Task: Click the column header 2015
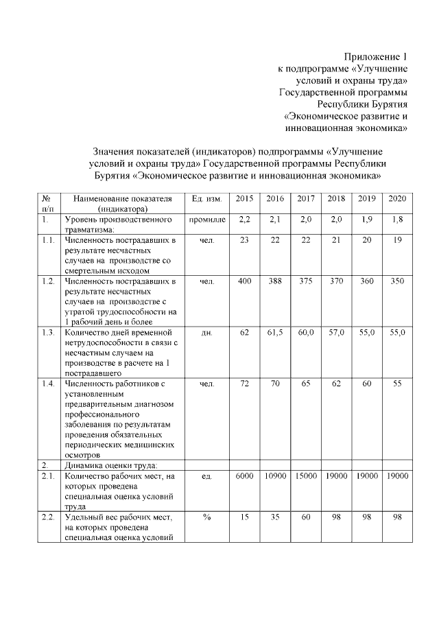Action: (x=244, y=198)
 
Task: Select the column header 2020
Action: (x=396, y=198)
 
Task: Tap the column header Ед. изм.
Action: (x=206, y=198)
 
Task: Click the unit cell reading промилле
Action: (x=206, y=220)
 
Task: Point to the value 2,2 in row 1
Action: (x=244, y=220)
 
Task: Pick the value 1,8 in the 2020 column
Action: (x=396, y=220)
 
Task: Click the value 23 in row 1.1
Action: (x=244, y=241)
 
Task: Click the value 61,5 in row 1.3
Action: (x=275, y=332)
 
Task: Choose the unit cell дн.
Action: (x=206, y=332)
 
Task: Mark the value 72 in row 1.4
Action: (x=244, y=383)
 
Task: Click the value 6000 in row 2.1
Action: (x=244, y=476)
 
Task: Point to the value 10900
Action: (x=275, y=476)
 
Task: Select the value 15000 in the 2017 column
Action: (x=306, y=476)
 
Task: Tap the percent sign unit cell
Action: (x=206, y=517)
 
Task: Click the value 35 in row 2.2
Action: (x=275, y=517)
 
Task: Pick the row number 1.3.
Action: (x=48, y=332)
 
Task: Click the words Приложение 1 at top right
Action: (x=376, y=57)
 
